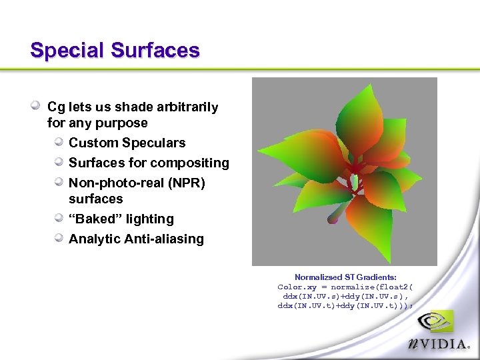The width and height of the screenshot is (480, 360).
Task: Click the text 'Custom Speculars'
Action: [127, 143]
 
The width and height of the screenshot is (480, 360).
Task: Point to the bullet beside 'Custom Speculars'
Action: [59, 142]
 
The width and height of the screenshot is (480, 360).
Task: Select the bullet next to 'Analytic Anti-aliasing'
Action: [59, 238]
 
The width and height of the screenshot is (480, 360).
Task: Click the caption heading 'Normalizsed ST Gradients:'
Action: [345, 277]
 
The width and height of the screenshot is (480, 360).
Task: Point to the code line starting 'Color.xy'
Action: [345, 287]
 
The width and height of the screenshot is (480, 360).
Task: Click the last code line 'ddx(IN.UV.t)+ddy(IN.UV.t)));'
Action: [345, 305]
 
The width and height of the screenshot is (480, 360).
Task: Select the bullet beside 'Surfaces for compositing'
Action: [59, 162]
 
